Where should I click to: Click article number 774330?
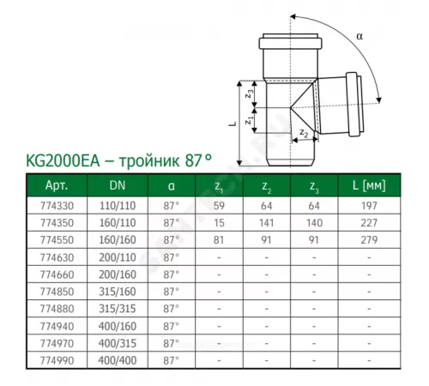(x=57, y=206)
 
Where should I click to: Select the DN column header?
(x=118, y=185)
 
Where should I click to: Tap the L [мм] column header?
(x=369, y=185)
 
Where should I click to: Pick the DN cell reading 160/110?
(x=118, y=223)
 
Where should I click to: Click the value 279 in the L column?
(x=369, y=239)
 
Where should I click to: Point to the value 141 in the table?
(x=266, y=223)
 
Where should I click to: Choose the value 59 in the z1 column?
(x=219, y=206)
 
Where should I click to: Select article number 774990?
(x=57, y=360)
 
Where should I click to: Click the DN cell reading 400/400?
(x=118, y=360)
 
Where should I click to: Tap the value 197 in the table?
(x=369, y=206)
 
